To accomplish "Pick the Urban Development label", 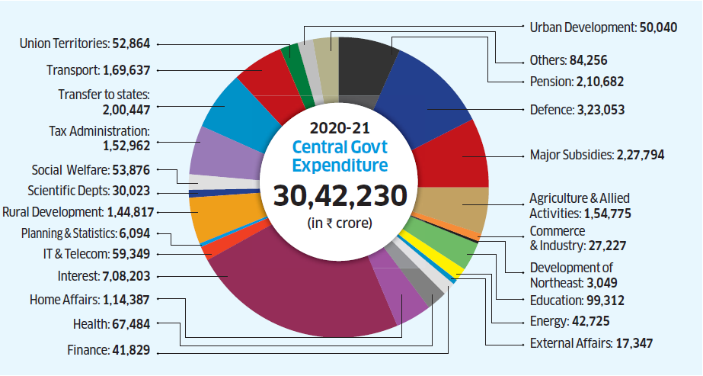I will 581,27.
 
